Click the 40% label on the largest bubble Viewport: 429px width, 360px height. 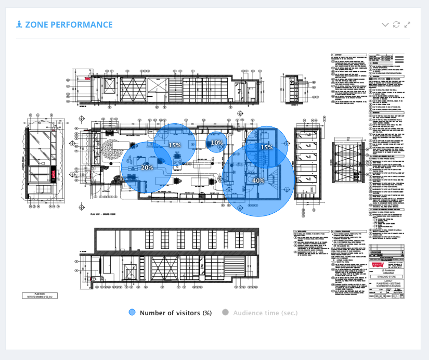(258, 181)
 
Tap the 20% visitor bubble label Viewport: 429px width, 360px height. (147, 168)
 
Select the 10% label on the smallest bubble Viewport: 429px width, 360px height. (217, 143)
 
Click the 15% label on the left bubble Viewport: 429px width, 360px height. (174, 145)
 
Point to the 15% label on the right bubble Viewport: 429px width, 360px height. (267, 147)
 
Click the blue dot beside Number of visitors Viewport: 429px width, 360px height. (132, 313)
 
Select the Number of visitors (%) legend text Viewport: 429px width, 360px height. (175, 313)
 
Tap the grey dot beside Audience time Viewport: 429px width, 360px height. (225, 313)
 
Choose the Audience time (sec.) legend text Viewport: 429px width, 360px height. (265, 313)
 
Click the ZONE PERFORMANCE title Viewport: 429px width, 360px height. (69, 24)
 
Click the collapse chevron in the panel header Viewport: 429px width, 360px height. (385, 24)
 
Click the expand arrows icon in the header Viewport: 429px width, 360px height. (408, 24)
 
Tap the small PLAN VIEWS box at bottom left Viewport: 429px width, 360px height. (40, 295)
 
